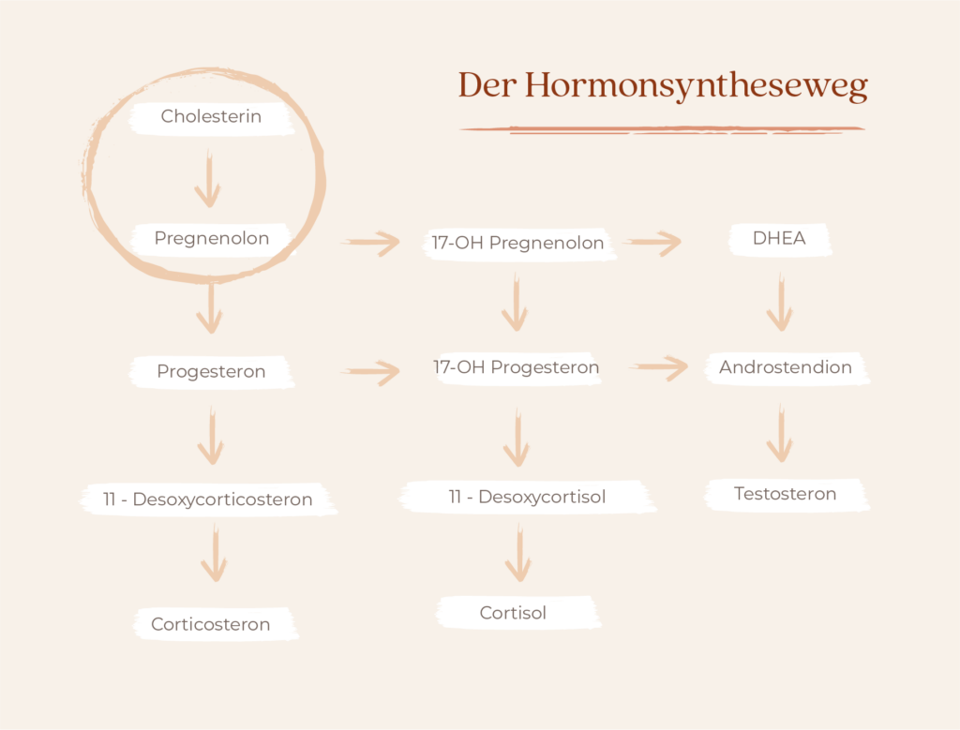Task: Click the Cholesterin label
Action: pos(211,116)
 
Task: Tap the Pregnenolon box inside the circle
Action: pos(211,239)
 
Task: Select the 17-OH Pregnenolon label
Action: pos(517,243)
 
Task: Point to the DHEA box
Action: pos(779,239)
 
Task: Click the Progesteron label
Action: pos(211,371)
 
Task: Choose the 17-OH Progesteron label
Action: pos(517,367)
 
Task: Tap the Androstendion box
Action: pos(787,367)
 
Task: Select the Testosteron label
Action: pos(785,494)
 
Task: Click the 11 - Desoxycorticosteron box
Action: pos(208,499)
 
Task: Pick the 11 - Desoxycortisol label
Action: pos(527,497)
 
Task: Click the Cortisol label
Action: pos(513,613)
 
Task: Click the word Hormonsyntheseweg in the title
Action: pos(697,85)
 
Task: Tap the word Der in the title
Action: pos(487,84)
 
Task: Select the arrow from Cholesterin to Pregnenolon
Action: pos(208,178)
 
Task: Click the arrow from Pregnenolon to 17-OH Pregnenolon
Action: pos(370,243)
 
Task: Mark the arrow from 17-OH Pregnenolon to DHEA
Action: pos(652,243)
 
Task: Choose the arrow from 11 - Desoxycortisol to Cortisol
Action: pos(518,553)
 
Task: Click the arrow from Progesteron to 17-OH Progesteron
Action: pos(370,372)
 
